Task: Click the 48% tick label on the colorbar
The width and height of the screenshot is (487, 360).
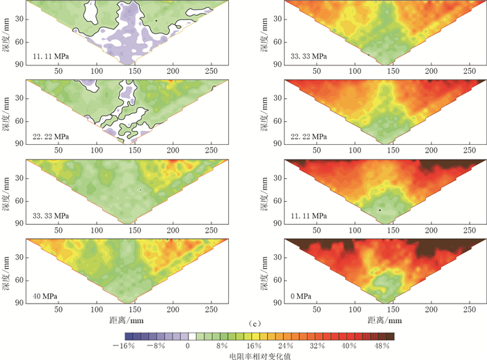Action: [x=383, y=345]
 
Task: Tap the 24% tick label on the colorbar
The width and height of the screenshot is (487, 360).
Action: [x=285, y=345]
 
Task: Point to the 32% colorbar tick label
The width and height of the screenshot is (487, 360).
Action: [x=317, y=345]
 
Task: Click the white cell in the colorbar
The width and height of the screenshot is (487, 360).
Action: [x=192, y=336]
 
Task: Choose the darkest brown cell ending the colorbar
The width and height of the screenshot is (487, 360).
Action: [x=390, y=336]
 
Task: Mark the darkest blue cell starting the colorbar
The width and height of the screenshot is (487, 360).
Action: [x=120, y=336]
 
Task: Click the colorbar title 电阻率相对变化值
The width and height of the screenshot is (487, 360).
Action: [x=254, y=355]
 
